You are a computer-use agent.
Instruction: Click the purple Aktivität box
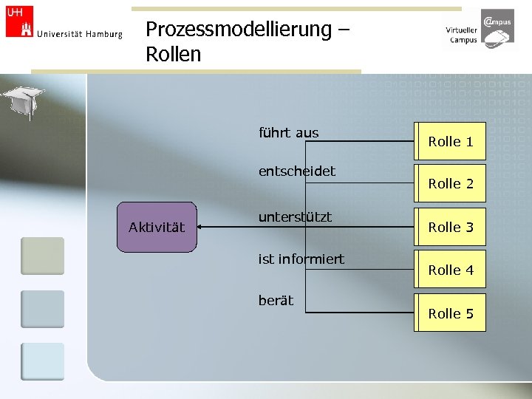[157, 227]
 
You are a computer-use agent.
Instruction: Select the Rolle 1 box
[450, 141]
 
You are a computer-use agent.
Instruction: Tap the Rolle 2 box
[450, 183]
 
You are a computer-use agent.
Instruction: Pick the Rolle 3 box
[450, 227]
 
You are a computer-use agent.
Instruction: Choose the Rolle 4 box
[450, 270]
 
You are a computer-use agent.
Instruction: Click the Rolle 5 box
[450, 313]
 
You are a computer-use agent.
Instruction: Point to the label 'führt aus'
[288, 133]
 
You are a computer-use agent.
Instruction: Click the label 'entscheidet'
[296, 171]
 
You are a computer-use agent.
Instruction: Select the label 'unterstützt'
[295, 217]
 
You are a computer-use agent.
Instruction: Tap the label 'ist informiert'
[301, 259]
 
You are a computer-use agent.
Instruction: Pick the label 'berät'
[276, 300]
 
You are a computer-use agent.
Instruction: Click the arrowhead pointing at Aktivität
[202, 227]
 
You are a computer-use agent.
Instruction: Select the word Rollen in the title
[173, 55]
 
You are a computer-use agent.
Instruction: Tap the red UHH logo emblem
[19, 21]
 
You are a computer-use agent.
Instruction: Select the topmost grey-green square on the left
[42, 256]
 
